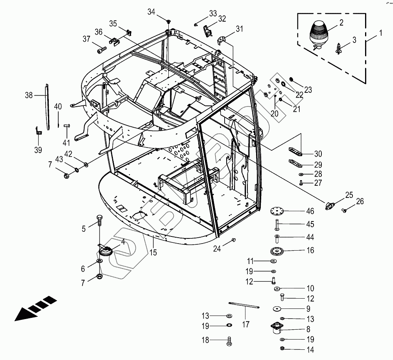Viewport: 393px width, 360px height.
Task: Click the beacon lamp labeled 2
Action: click(319, 34)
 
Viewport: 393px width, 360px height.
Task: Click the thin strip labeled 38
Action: click(47, 106)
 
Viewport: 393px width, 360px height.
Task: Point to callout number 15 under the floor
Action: click(153, 253)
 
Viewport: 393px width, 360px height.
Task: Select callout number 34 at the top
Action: click(152, 12)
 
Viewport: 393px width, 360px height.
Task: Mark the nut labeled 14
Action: click(282, 349)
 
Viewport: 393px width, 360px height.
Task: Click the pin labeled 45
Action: click(277, 224)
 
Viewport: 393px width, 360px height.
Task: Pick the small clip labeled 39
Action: click(38, 131)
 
